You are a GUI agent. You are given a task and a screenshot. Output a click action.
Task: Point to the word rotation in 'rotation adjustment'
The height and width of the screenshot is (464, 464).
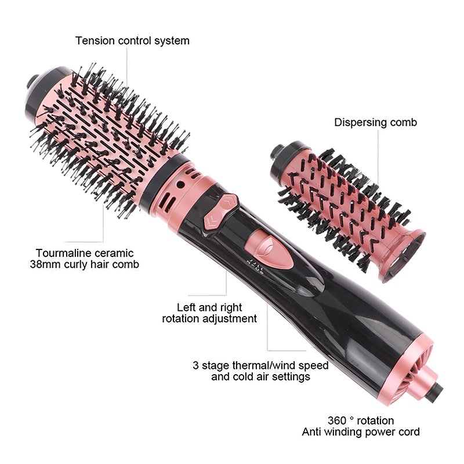click(180, 318)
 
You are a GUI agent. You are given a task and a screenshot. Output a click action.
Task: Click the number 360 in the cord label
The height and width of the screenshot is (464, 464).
click(337, 420)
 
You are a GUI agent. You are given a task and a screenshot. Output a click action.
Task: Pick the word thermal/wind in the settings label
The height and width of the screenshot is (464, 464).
click(264, 365)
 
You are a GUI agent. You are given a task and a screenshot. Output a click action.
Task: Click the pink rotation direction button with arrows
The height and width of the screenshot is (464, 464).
click(221, 211)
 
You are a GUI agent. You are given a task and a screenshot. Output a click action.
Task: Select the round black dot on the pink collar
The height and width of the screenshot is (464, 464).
click(180, 184)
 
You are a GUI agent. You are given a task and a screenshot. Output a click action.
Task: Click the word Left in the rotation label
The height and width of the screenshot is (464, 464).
click(186, 307)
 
